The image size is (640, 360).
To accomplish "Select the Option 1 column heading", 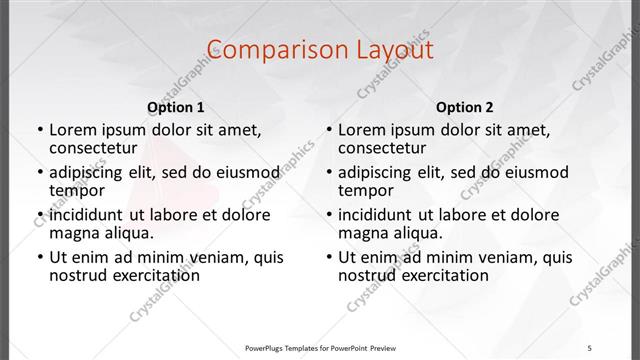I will point(176,107).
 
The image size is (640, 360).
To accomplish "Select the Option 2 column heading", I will point(465,107).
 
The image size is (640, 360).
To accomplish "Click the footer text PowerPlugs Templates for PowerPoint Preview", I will point(320,348).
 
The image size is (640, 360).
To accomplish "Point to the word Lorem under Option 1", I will point(72,129).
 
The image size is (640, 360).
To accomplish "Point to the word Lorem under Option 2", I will point(361,129).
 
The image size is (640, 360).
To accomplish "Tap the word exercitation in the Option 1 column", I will point(153,275).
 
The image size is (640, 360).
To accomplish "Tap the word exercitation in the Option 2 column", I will point(442,275).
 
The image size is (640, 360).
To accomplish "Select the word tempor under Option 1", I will point(76,190).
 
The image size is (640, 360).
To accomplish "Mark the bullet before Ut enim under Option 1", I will point(39,258).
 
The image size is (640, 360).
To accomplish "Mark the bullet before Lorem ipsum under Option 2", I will point(328,130).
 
